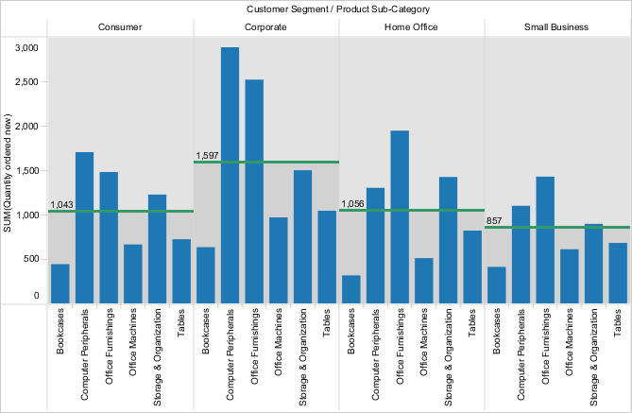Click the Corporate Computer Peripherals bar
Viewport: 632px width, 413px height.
230,175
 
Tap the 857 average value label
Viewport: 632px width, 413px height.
494,221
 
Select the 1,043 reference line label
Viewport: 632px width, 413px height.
62,205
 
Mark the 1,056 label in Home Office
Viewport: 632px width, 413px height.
352,204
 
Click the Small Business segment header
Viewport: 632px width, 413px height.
556,27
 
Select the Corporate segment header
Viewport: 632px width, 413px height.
266,27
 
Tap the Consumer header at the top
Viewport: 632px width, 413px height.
121,27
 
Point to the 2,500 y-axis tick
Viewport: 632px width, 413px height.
26,82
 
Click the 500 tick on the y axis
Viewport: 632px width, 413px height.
30,259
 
